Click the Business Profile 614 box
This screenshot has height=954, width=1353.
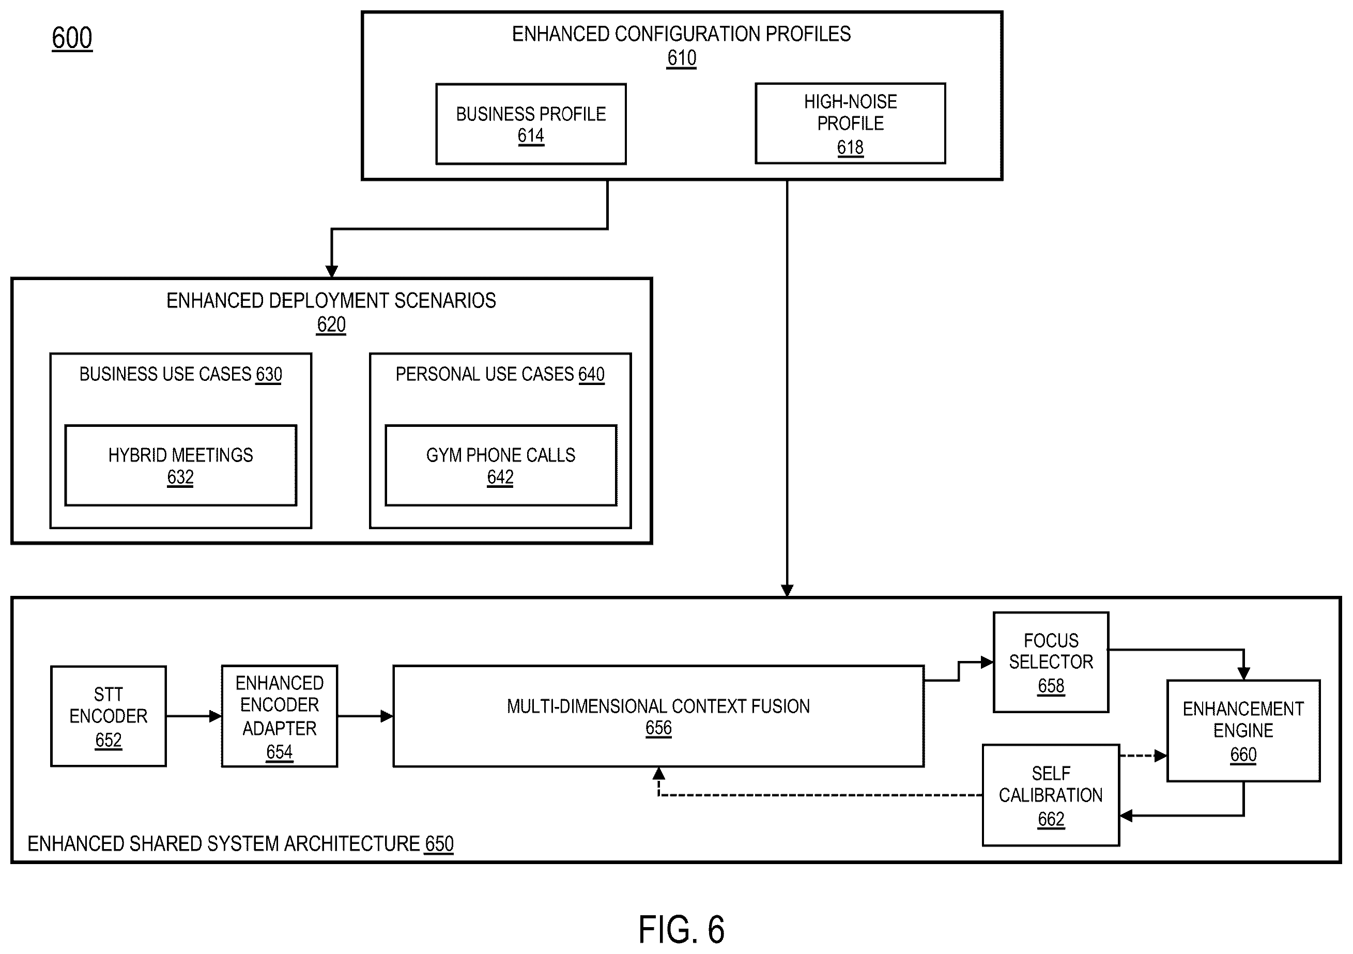pos(531,124)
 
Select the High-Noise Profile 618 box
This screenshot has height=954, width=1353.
pos(850,123)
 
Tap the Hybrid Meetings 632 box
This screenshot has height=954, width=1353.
pos(181,466)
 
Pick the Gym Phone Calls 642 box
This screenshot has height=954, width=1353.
pos(501,466)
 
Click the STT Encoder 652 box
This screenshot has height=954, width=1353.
pos(109,716)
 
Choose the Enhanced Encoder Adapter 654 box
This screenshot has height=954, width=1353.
pos(279,716)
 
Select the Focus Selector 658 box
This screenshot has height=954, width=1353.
pos(1051,663)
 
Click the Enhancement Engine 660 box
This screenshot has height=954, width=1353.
pos(1243,731)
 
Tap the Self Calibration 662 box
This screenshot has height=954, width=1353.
pos(1051,795)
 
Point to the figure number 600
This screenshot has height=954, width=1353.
pos(72,38)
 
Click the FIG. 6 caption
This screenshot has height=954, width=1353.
pos(681,930)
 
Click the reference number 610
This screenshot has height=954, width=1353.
pos(682,58)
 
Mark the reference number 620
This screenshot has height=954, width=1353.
pos(331,325)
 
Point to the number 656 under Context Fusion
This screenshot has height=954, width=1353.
pos(658,728)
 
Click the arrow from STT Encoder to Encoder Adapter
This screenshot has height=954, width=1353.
pos(194,716)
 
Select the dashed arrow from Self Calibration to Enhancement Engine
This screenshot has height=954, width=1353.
pos(1143,756)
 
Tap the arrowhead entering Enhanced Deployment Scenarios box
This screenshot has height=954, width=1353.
pos(332,272)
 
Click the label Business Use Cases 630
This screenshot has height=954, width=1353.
pos(181,374)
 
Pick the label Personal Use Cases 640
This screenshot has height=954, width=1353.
pos(500,374)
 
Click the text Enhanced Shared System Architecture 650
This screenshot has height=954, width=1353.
pos(240,844)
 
